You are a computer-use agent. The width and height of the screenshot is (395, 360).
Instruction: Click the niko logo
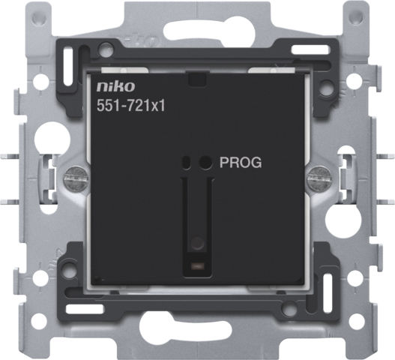tap(115, 86)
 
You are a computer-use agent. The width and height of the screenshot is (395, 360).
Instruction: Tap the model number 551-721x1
tap(131, 106)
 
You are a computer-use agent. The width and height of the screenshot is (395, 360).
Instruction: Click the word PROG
tap(241, 163)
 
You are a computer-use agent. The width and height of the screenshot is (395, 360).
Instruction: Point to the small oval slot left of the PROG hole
tap(187, 162)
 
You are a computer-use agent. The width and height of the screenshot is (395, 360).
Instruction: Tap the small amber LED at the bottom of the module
tap(198, 265)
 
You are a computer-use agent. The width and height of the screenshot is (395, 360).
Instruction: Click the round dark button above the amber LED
tap(198, 243)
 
